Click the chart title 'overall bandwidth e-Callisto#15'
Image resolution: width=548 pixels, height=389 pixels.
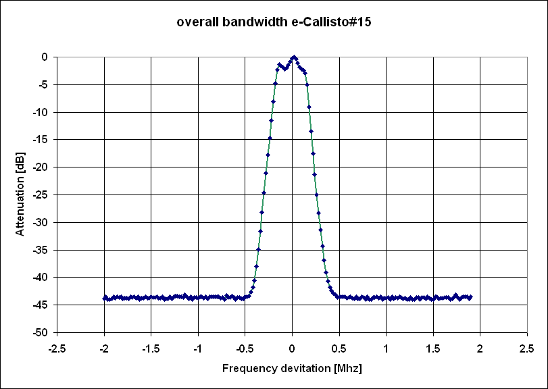pyautogui.click(x=274, y=22)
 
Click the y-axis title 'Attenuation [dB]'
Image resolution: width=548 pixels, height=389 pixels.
pyautogui.click(x=20, y=193)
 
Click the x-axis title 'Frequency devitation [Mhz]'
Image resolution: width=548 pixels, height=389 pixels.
pyautogui.click(x=292, y=369)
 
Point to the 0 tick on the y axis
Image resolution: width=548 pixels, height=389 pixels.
pyautogui.click(x=44, y=57)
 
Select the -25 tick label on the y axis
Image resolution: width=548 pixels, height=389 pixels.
pyautogui.click(x=40, y=194)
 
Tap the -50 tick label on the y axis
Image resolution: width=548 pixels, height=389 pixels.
pyautogui.click(x=40, y=332)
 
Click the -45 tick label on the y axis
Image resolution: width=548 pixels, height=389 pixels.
pyautogui.click(x=40, y=305)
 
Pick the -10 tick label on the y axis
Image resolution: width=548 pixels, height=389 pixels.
pyautogui.click(x=40, y=112)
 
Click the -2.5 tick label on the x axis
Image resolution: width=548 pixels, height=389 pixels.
pyautogui.click(x=57, y=349)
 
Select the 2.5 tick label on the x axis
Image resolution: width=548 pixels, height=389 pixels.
pyautogui.click(x=526, y=349)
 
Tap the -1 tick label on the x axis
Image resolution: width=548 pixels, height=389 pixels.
pyautogui.click(x=197, y=349)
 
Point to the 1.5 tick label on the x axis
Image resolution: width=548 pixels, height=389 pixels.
pyautogui.click(x=433, y=349)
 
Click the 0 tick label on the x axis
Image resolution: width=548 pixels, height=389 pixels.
pyautogui.click(x=292, y=349)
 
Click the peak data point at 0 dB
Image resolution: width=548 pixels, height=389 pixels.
pyautogui.click(x=294, y=57)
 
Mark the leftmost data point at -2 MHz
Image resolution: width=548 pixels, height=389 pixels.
pyautogui.click(x=104, y=298)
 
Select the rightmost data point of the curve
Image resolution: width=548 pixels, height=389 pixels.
pyautogui.click(x=470, y=297)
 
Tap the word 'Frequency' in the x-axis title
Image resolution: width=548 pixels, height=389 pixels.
pyautogui.click(x=246, y=369)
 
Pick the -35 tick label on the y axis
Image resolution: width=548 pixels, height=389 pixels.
pyautogui.click(x=40, y=250)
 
